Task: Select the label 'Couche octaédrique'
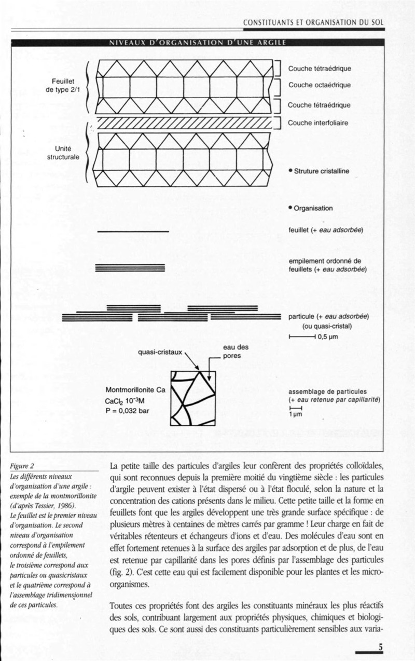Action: (319, 85)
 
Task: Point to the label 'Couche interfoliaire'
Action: (318, 123)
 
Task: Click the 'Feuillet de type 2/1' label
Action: (64, 86)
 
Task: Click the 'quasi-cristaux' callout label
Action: (160, 352)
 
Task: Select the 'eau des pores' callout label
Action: (236, 352)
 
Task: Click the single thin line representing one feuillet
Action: (133, 231)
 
